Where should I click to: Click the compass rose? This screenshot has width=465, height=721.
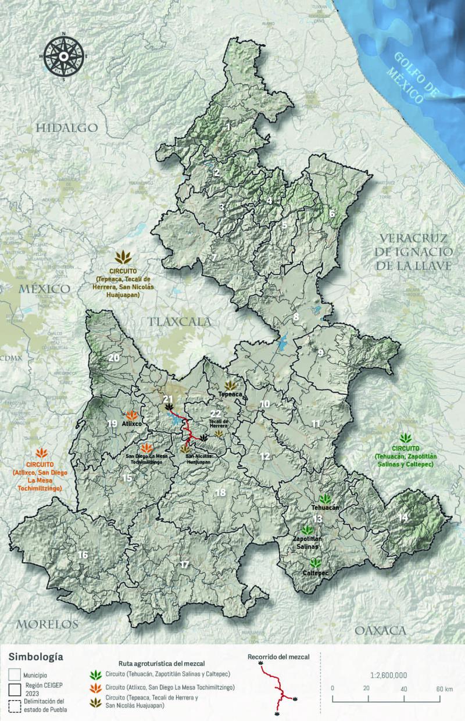click(63, 56)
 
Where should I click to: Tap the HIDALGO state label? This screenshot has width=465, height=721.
click(67, 128)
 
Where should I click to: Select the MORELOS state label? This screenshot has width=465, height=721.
click(46, 624)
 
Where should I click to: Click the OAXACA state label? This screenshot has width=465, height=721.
click(380, 630)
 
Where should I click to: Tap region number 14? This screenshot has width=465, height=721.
click(403, 517)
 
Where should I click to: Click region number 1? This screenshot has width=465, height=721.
click(229, 126)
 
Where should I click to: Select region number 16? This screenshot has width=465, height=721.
click(83, 555)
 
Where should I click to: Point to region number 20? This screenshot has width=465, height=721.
click(113, 358)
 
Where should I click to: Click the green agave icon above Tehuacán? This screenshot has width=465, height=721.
click(324, 499)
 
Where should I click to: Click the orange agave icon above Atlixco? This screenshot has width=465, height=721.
click(132, 415)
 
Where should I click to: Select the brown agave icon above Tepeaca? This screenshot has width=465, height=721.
click(231, 386)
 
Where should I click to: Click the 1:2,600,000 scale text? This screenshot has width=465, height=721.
click(388, 675)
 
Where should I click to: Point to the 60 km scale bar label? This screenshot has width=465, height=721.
click(445, 688)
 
